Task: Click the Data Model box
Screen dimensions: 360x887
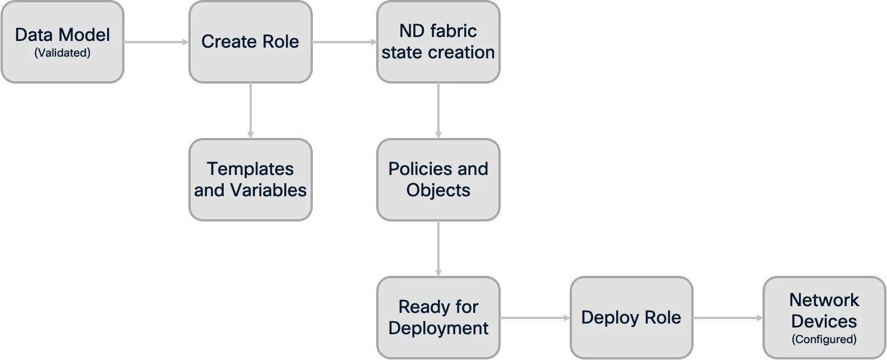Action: (x=62, y=42)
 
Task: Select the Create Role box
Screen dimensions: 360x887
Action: (x=250, y=42)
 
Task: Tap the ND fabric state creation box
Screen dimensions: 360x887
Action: (x=438, y=42)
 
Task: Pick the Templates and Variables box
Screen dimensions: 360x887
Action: (x=250, y=179)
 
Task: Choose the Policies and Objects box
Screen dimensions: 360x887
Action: (x=438, y=179)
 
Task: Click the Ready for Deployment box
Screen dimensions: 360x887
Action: (x=438, y=317)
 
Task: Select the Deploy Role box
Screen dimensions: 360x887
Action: (x=631, y=317)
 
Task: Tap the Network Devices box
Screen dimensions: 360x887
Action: (x=824, y=317)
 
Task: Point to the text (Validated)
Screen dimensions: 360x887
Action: (x=62, y=53)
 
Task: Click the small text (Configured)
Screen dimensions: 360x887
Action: (x=824, y=339)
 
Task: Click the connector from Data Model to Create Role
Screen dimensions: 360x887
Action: (x=156, y=42)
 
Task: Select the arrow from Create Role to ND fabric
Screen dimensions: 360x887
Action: (x=344, y=42)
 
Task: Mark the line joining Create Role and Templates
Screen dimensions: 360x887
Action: (x=251, y=110)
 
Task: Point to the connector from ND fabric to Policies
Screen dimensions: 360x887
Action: (x=438, y=110)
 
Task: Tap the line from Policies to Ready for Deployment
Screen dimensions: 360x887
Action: (x=438, y=247)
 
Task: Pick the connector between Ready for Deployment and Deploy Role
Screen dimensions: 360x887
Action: (x=535, y=318)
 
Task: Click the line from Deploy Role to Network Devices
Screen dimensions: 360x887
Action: (x=728, y=318)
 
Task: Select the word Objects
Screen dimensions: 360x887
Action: (x=438, y=190)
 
